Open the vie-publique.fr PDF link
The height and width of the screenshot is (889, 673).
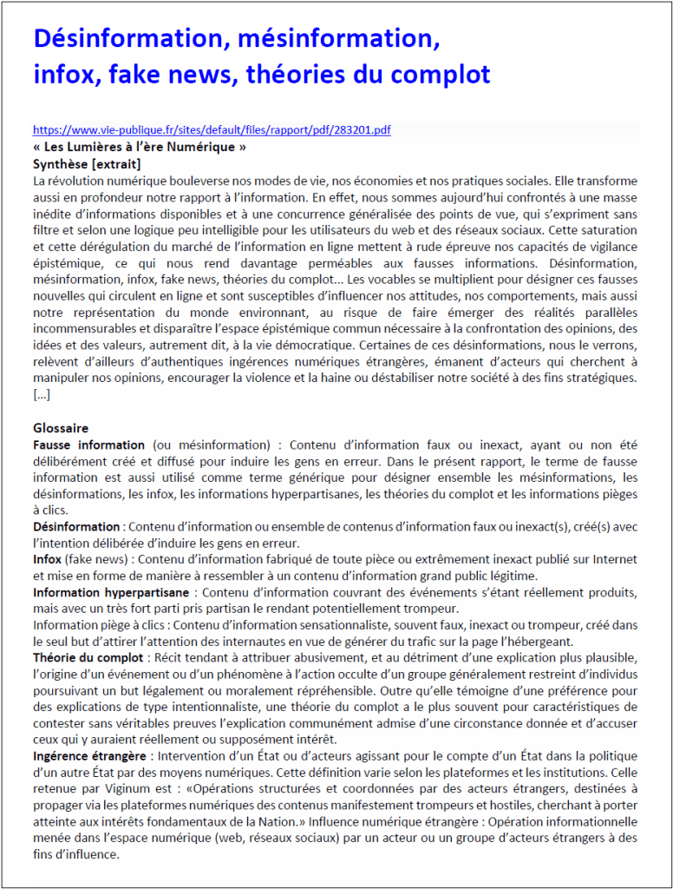click(212, 130)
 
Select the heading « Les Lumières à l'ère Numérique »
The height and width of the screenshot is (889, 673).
click(140, 147)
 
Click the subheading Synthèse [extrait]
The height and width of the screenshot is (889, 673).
click(87, 163)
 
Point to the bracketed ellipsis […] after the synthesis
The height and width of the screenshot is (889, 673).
click(42, 395)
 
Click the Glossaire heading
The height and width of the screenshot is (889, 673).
click(61, 428)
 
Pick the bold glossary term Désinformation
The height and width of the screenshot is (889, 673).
click(76, 526)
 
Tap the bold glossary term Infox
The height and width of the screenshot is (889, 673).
click(47, 559)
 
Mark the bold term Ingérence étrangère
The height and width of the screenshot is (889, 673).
click(90, 756)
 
